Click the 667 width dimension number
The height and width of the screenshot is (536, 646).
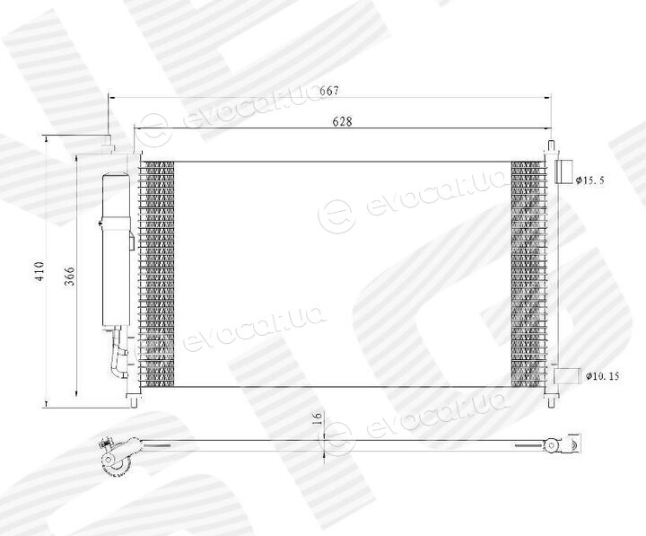(x=329, y=91)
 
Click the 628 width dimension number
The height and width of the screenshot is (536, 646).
(x=343, y=121)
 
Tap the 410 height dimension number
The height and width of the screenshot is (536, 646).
(x=39, y=271)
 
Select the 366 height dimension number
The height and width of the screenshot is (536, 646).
(x=70, y=277)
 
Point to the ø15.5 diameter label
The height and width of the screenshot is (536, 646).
(x=590, y=180)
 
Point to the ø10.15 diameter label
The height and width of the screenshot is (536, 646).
(x=602, y=376)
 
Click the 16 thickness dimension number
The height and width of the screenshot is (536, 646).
(x=317, y=418)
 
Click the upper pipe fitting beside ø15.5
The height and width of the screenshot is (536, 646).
(x=563, y=171)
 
